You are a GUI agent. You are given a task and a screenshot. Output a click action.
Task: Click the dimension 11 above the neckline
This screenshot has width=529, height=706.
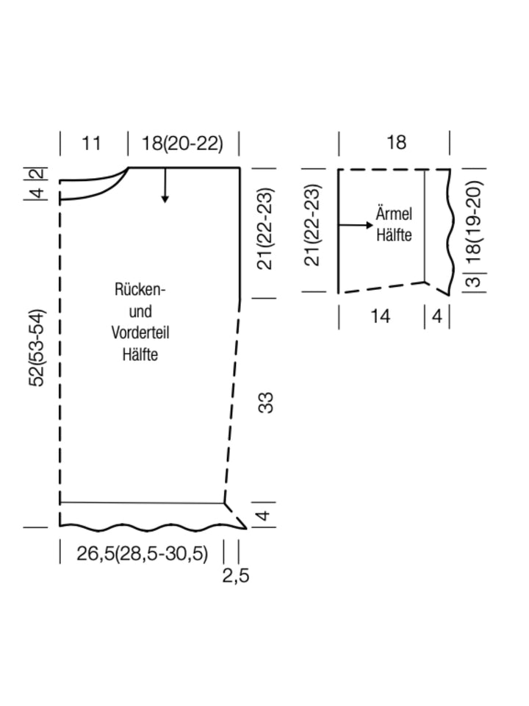tap(91, 143)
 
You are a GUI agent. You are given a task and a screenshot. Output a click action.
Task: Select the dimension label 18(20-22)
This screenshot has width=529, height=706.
tap(182, 143)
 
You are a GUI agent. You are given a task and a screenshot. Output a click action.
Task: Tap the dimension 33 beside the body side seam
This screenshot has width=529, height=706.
tap(266, 402)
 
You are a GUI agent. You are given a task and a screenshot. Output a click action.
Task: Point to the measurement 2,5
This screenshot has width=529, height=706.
tap(236, 576)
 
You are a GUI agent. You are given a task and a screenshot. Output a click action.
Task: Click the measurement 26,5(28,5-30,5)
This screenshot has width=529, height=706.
tap(143, 553)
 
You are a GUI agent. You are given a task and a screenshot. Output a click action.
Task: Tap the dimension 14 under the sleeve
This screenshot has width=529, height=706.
tap(380, 316)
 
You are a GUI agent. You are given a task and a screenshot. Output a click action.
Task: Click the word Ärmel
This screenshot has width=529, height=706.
tap(394, 215)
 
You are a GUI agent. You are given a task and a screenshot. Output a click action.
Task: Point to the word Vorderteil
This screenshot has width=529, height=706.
tap(140, 332)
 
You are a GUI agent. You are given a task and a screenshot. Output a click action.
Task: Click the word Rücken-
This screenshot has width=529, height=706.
tap(140, 290)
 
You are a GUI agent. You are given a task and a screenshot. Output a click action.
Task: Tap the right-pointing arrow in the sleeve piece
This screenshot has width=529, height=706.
tap(356, 224)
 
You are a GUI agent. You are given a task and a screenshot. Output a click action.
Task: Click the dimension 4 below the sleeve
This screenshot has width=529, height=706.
tap(437, 316)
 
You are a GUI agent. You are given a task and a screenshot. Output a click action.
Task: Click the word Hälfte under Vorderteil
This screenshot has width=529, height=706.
tap(140, 354)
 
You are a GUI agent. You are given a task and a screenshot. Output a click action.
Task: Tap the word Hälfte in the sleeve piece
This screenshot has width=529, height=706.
tap(394, 235)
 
